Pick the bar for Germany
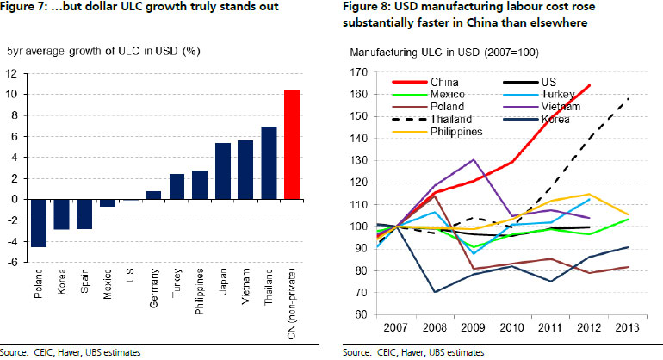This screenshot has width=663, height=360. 153,195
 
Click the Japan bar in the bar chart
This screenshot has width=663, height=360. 221,171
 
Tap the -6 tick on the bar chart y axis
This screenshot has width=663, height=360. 16,262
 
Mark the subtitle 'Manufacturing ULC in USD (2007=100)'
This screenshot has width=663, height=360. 444,53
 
